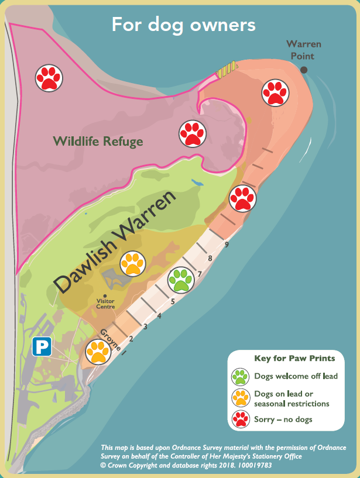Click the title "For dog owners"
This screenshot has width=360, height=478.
(x=183, y=25)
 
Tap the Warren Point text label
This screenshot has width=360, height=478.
(x=303, y=50)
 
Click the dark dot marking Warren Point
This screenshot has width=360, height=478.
(x=304, y=70)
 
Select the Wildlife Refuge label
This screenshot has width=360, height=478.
(x=98, y=141)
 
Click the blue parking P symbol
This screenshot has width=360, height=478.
(x=41, y=348)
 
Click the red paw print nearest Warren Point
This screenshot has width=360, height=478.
(x=273, y=92)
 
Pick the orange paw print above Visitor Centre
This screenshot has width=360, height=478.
(x=132, y=263)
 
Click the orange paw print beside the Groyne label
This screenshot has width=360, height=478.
(x=98, y=352)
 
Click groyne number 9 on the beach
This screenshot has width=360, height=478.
(x=226, y=243)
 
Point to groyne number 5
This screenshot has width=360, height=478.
(x=173, y=302)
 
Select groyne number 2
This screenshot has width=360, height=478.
(x=131, y=339)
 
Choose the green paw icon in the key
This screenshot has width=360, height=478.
(x=240, y=376)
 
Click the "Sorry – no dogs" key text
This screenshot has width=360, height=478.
(x=283, y=419)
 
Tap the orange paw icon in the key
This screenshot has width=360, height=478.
(x=240, y=398)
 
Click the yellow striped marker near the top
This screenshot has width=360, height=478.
(x=227, y=69)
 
